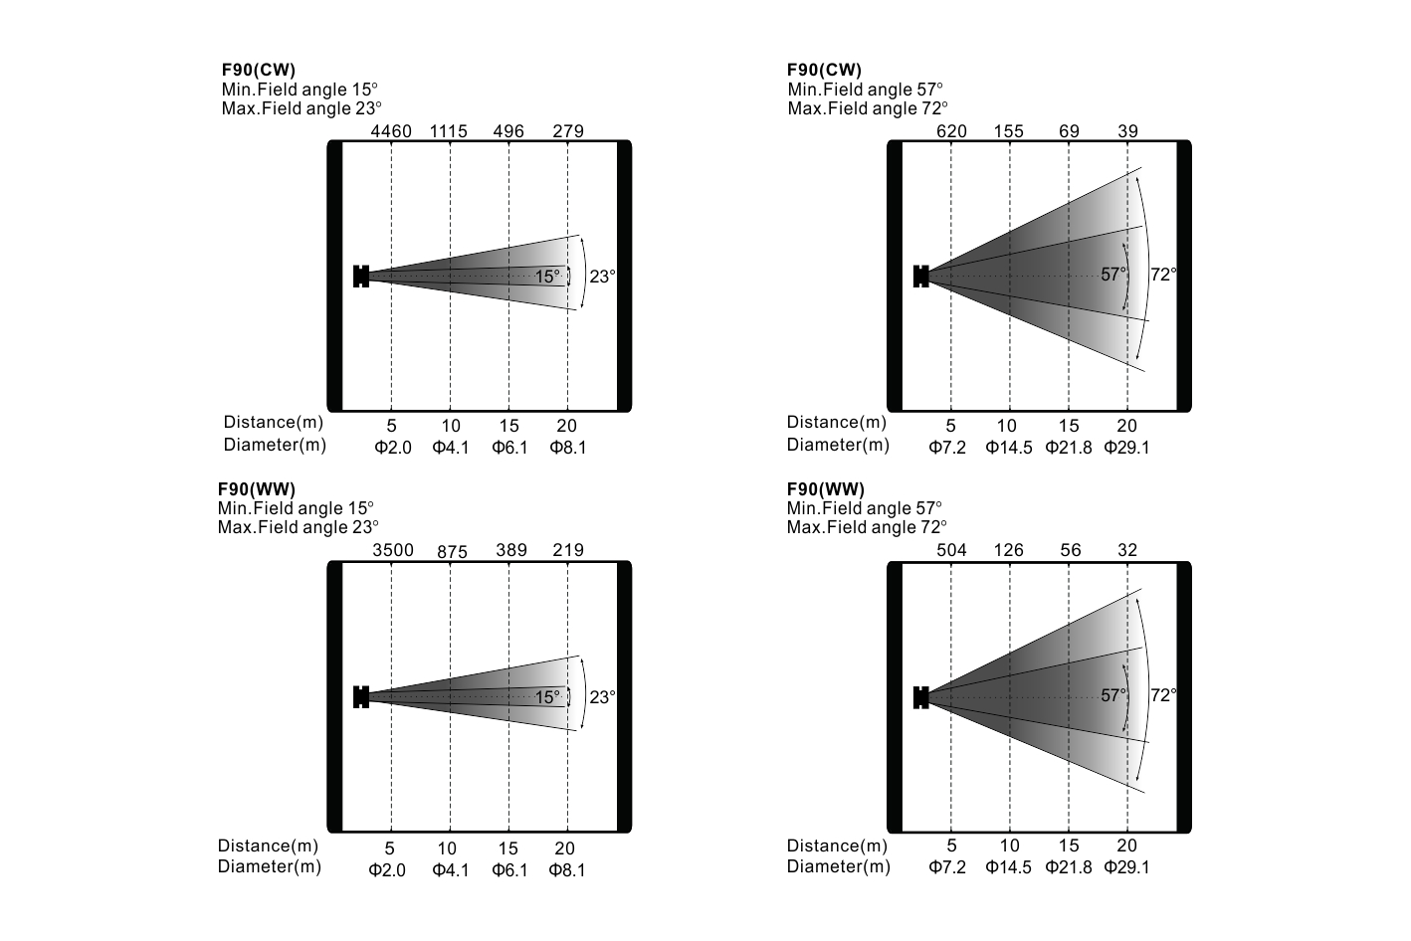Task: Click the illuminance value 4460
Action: (x=391, y=131)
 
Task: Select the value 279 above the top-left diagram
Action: (x=567, y=131)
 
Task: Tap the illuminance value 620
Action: (x=951, y=131)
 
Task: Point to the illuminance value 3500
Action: (x=394, y=550)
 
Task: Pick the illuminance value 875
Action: (x=452, y=552)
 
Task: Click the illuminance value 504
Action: (x=952, y=550)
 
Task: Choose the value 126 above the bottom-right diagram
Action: (x=1009, y=550)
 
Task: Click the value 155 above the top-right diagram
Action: (x=1008, y=131)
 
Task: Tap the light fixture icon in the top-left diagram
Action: (x=361, y=277)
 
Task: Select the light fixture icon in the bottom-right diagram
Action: (x=920, y=697)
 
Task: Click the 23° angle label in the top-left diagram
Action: (x=602, y=277)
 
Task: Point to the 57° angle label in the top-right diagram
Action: (x=1113, y=275)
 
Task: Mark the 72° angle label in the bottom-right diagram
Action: (x=1163, y=695)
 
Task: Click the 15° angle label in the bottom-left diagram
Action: (x=547, y=697)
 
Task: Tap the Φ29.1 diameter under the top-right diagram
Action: (x=1126, y=448)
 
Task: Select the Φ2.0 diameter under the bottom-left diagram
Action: (x=387, y=870)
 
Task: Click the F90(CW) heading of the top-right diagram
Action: (x=824, y=70)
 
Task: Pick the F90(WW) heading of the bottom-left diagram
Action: (x=257, y=489)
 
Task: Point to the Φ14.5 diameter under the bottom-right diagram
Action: (x=1009, y=867)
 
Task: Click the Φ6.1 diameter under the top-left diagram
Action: (x=509, y=448)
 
